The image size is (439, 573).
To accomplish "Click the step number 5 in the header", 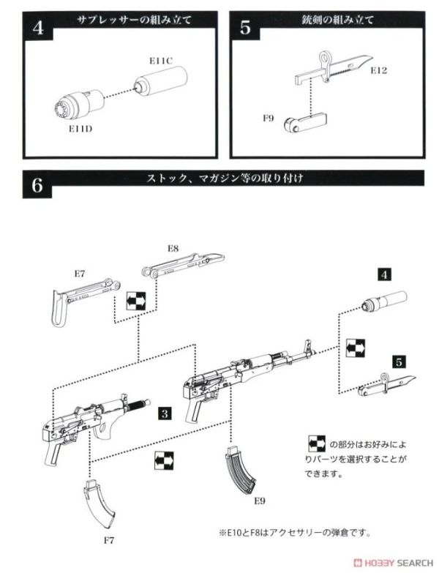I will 246,28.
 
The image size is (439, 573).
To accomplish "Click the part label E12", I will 378,71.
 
